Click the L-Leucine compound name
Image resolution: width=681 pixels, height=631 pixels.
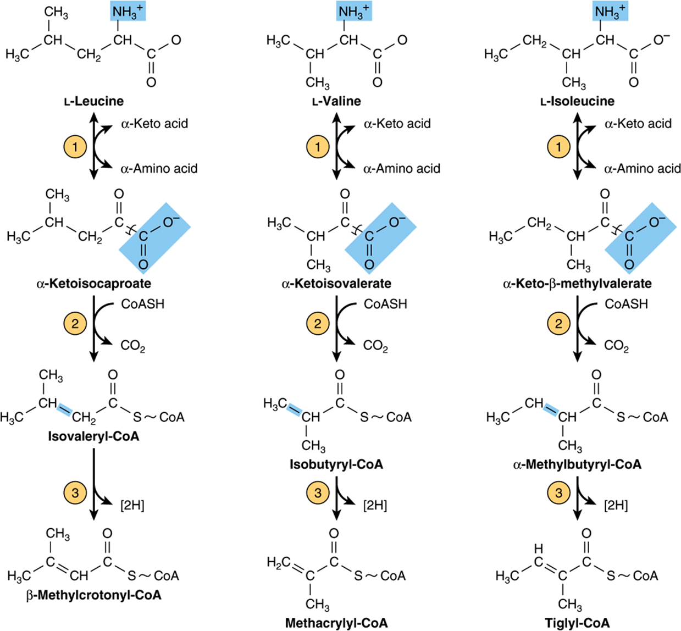click(x=94, y=101)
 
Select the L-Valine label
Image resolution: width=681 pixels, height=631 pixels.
click(x=336, y=101)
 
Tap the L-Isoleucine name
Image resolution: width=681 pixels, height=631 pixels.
click(x=578, y=101)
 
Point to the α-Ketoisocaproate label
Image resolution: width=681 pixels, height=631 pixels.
click(x=94, y=284)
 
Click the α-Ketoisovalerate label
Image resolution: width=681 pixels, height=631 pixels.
click(x=336, y=284)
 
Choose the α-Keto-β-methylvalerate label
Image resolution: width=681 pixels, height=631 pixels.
click(x=578, y=284)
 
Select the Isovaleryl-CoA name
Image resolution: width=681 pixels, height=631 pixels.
click(x=93, y=436)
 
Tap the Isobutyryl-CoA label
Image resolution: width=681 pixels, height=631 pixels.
click(x=336, y=464)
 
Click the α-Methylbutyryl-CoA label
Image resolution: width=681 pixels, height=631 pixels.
click(x=578, y=464)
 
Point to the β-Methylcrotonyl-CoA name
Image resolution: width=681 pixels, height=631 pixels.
click(x=94, y=595)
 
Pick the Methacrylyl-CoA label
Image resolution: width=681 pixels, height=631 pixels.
click(x=336, y=623)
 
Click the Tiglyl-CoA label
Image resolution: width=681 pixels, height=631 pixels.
click(x=578, y=623)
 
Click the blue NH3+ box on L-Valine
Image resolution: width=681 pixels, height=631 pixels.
click(x=354, y=12)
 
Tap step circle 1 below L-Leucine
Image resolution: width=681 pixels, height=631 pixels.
click(x=75, y=147)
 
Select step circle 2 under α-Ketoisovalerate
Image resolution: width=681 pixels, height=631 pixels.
click(x=318, y=324)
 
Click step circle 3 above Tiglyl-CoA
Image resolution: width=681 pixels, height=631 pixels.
click(x=559, y=493)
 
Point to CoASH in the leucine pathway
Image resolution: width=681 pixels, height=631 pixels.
click(x=143, y=304)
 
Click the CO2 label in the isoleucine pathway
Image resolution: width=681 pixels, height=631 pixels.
click(x=617, y=346)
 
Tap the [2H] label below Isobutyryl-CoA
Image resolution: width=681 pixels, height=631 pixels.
click(x=375, y=506)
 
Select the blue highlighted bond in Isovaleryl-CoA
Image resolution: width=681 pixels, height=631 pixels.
click(x=64, y=409)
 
